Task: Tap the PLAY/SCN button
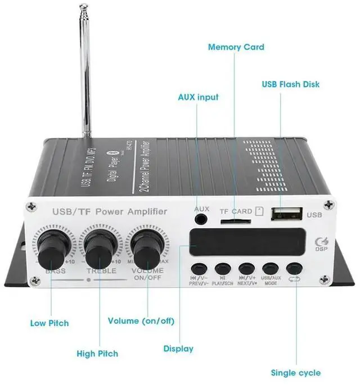(x=223, y=269)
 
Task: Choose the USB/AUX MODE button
(x=271, y=269)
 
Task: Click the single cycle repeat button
(x=294, y=269)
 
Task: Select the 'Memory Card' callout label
(x=236, y=47)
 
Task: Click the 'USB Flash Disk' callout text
(x=290, y=84)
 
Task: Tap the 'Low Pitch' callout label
(x=49, y=323)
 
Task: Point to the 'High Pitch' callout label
(x=97, y=354)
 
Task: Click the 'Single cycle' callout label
(x=295, y=373)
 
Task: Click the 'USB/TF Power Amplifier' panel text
(x=109, y=212)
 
